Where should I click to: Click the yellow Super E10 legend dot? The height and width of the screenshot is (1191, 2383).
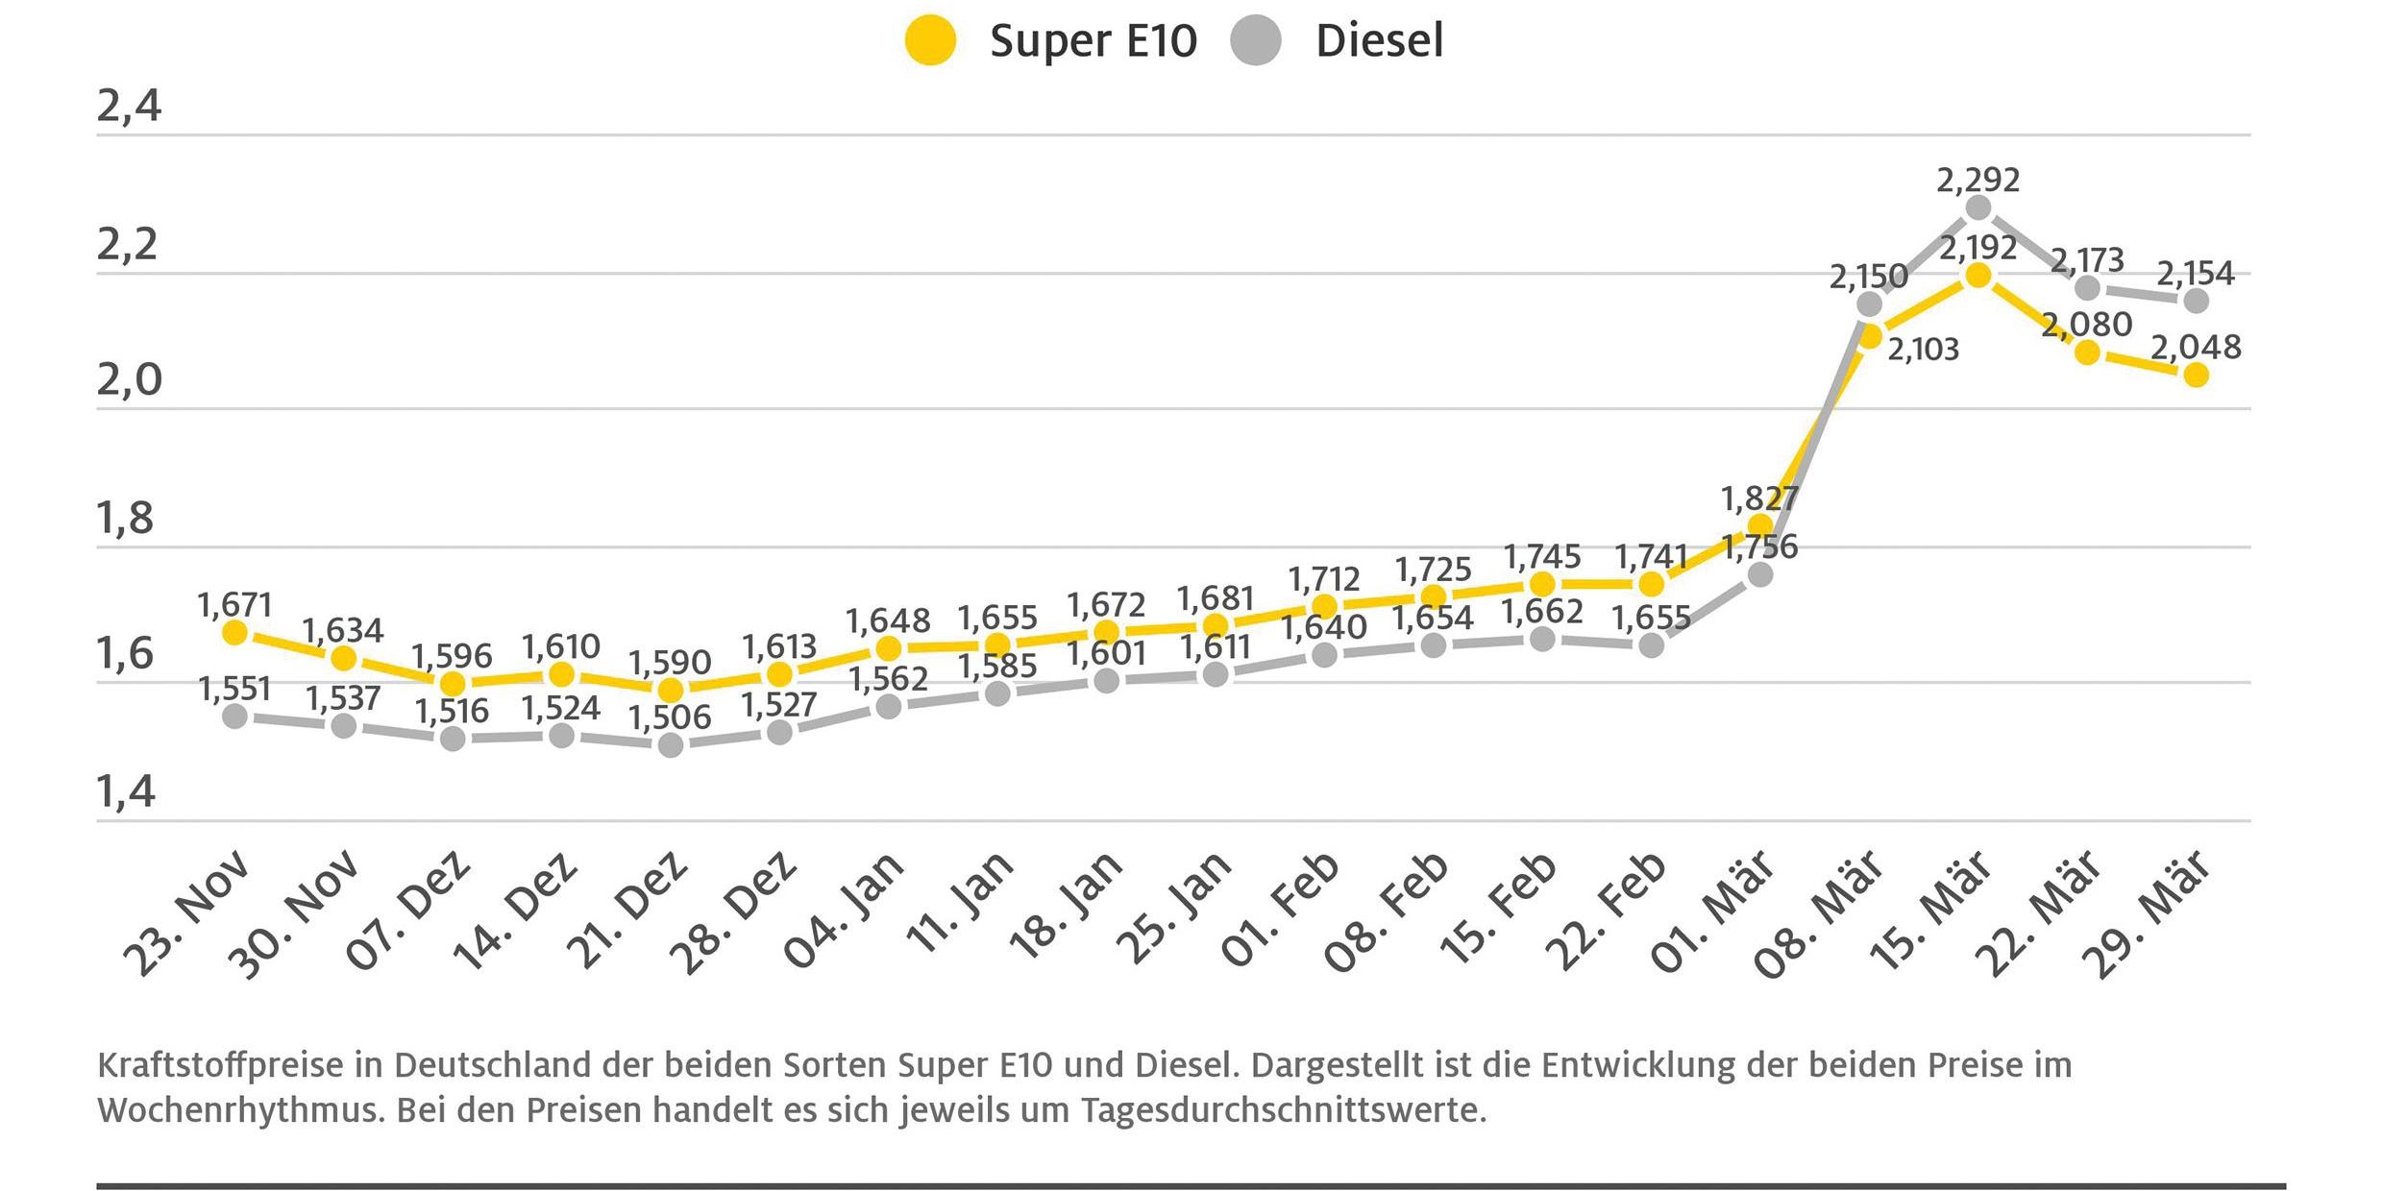pos(930,41)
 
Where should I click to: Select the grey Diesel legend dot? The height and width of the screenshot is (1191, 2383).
pos(1256,41)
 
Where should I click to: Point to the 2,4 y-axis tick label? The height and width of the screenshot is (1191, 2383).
pos(129,106)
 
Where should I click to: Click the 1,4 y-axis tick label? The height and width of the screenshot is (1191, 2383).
pos(126,791)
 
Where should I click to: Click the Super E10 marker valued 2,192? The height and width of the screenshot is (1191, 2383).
pos(1978,276)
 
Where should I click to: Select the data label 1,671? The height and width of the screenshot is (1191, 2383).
pos(234,605)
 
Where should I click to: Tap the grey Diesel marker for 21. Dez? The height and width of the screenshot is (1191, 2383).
pos(671,744)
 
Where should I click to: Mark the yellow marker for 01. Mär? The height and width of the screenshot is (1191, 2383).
pos(1759,525)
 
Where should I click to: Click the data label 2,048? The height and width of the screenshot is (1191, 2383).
pos(2196,347)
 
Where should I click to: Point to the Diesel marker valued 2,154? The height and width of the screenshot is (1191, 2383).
pos(2196,301)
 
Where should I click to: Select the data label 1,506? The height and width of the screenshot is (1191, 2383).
pos(670,717)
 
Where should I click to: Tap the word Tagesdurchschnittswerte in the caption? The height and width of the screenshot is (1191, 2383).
pos(1284,1110)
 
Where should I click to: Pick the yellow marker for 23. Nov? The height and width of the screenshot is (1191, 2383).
pos(234,633)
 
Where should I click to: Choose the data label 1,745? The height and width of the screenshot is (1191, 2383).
pos(1541,557)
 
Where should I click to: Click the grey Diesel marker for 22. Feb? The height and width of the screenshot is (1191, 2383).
pos(1651,645)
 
